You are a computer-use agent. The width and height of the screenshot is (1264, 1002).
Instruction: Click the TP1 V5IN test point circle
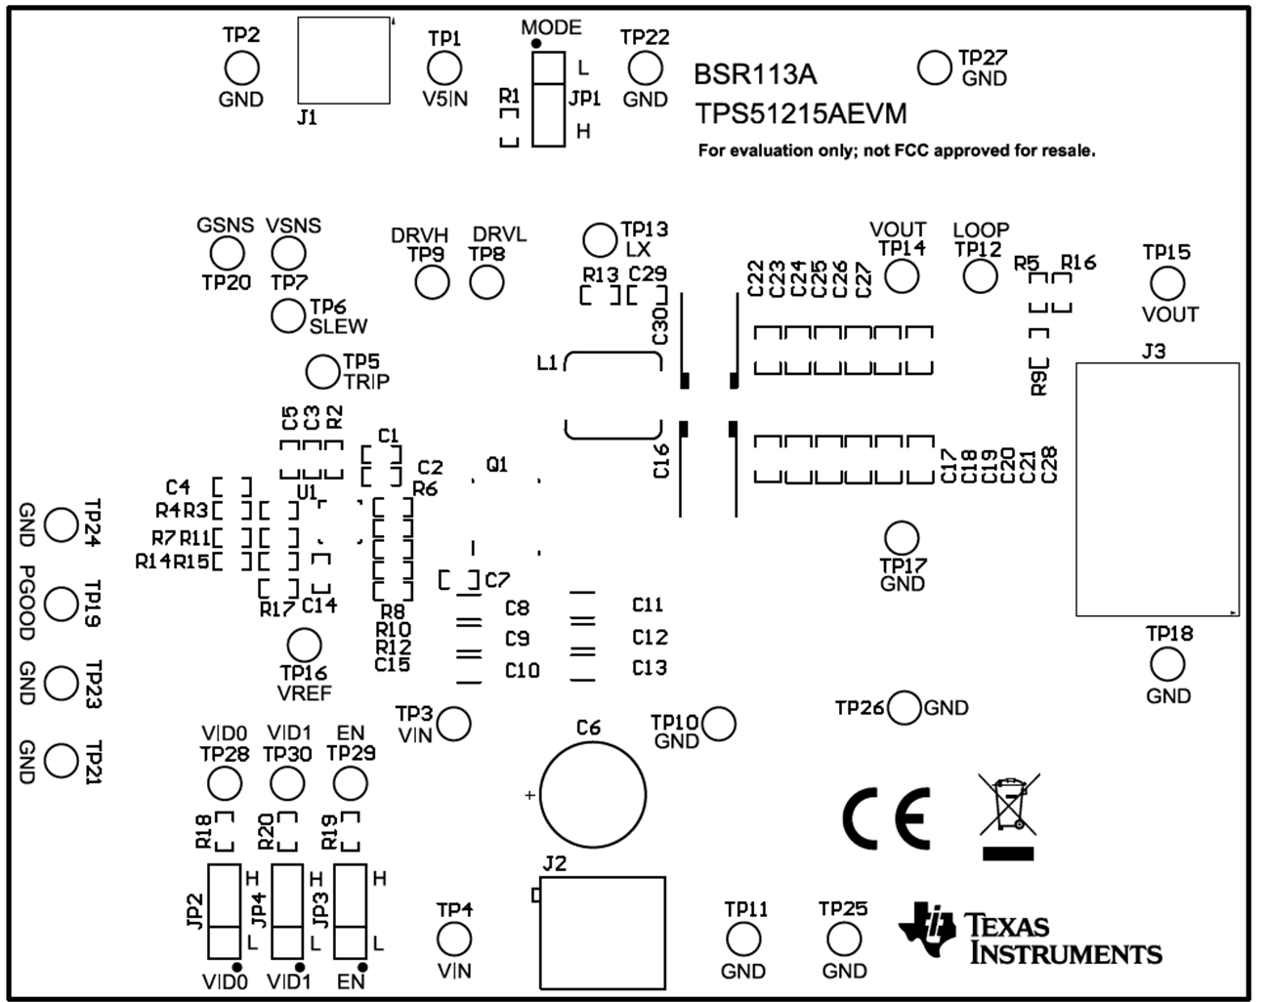tap(444, 68)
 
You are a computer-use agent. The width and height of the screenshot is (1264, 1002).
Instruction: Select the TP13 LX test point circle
tap(599, 239)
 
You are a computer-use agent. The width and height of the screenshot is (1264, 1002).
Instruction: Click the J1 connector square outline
tap(344, 61)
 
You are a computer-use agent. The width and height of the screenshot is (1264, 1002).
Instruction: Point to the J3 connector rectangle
tap(1158, 489)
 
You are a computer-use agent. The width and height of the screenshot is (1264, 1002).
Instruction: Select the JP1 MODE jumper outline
tap(549, 99)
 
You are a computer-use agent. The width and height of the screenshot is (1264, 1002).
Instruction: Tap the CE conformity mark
tap(885, 818)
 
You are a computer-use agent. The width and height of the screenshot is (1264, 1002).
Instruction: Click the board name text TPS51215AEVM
tap(801, 114)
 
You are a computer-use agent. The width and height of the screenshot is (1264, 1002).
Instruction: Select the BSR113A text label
tap(755, 75)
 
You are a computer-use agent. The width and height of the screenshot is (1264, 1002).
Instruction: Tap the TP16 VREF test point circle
tap(304, 645)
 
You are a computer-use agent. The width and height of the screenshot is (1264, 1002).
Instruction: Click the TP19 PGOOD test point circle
tap(62, 605)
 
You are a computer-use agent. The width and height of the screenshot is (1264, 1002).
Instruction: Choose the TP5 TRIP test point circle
tap(322, 371)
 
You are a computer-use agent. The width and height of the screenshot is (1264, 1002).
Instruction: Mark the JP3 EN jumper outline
tap(351, 911)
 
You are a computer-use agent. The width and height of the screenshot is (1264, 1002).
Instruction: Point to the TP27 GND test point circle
tap(935, 67)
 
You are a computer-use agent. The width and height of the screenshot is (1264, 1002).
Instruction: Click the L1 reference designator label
tap(547, 363)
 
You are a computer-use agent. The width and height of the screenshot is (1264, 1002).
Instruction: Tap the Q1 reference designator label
tap(497, 465)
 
